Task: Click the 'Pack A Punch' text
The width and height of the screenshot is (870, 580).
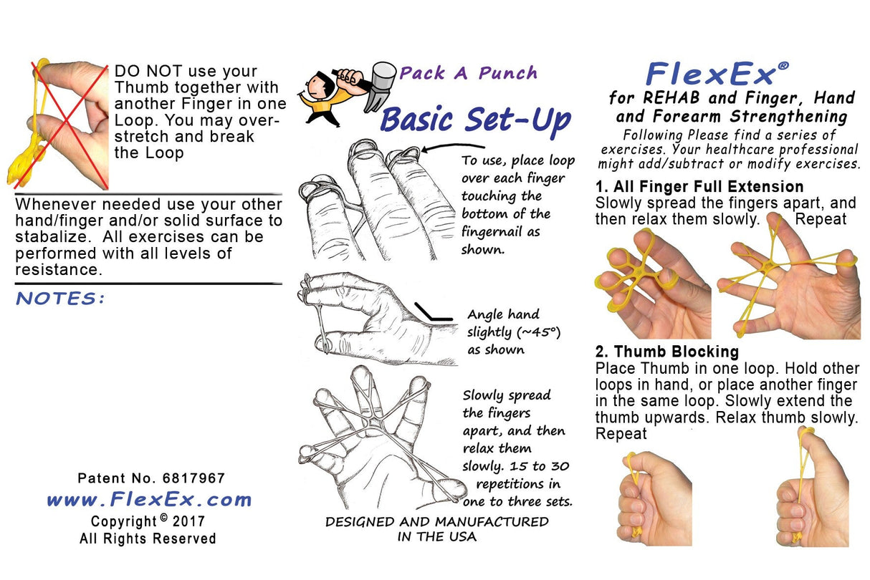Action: tap(468, 72)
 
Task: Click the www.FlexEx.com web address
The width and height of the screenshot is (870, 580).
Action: tap(149, 499)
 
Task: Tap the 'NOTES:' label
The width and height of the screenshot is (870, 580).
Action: tap(60, 298)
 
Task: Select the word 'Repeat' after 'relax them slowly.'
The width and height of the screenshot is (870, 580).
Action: tap(821, 219)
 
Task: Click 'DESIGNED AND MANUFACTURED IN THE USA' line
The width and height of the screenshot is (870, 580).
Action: tap(436, 528)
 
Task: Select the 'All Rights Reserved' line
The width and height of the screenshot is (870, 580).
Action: tap(148, 538)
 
